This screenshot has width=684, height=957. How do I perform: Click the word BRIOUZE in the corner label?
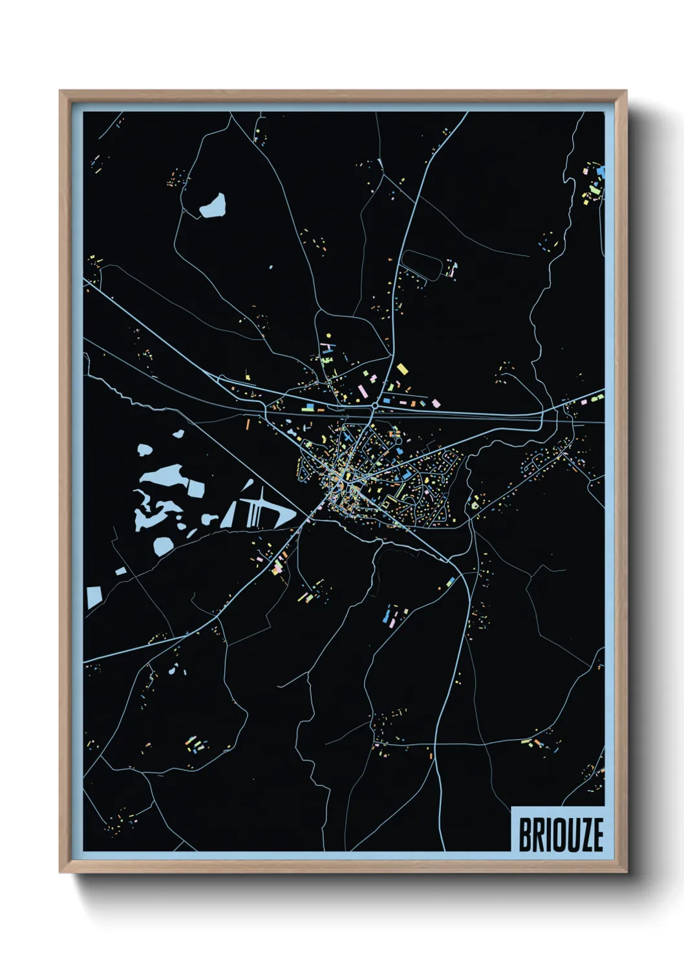click(x=561, y=834)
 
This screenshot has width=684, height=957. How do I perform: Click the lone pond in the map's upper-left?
click(x=213, y=206)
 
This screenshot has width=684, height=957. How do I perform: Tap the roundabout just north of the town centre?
click(x=375, y=405)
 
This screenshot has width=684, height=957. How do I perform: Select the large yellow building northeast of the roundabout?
click(x=402, y=369)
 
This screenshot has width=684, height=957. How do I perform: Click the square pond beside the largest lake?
click(x=195, y=488)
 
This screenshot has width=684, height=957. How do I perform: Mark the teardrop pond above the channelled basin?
click(x=247, y=486)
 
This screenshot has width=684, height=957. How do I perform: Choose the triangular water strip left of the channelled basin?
click(x=230, y=515)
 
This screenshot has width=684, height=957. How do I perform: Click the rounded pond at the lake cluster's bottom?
click(x=164, y=546)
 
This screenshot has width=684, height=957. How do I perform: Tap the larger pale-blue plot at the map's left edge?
click(x=94, y=597)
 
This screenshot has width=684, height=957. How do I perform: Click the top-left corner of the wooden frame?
click(x=60, y=92)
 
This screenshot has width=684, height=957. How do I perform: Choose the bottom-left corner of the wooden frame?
click(x=60, y=871)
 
